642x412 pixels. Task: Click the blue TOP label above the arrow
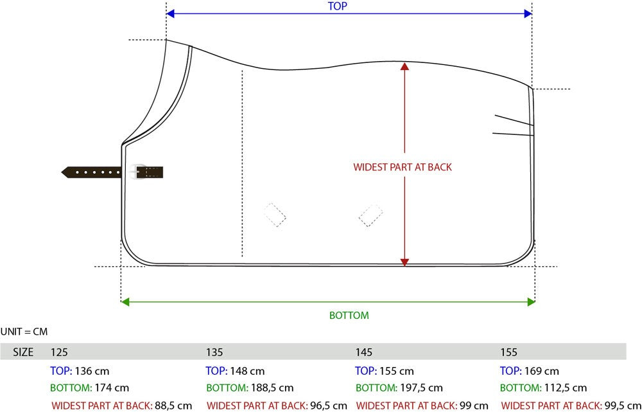pos(338,6)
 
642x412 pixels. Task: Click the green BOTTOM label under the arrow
pos(349,315)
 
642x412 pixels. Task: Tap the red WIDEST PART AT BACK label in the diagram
pos(403,167)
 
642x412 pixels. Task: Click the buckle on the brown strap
pos(137,172)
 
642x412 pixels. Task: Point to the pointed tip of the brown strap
pos(62,172)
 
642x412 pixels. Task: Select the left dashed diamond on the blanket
pos(275,215)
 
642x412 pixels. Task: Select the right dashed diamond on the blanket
pos(371,215)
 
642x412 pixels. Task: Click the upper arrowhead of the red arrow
pos(404,66)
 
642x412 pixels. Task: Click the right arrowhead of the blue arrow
pos(528,13)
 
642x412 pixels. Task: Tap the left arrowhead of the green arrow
pos(125,302)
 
